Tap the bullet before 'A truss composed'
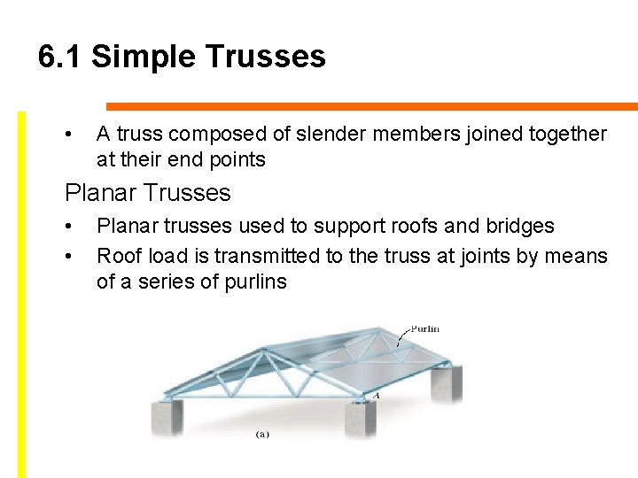[x=68, y=135]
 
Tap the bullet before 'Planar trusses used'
[x=68, y=227]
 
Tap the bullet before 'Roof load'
[x=68, y=257]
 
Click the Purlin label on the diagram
[x=424, y=329]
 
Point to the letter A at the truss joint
[x=376, y=396]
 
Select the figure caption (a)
[x=263, y=435]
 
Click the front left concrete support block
[x=167, y=418]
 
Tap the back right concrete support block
[x=447, y=386]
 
